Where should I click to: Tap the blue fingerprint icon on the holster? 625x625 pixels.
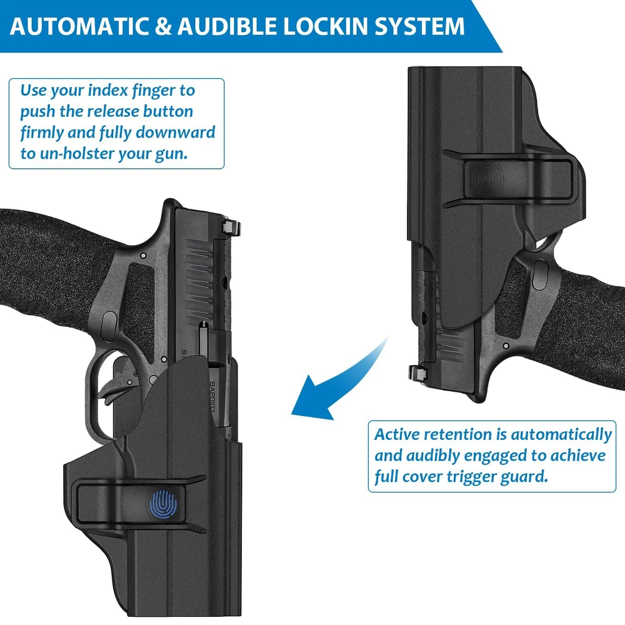[x=164, y=503]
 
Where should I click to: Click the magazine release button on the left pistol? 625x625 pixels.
[x=109, y=323]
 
